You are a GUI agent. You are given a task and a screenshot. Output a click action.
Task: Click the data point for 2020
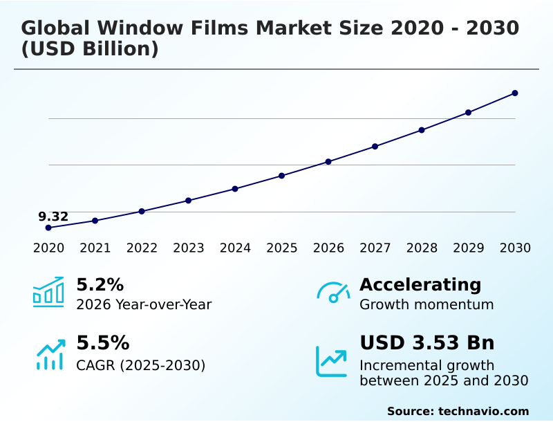[48, 228]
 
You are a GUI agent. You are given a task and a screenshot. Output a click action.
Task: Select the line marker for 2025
[282, 176]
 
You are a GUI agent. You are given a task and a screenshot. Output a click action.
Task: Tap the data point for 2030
[515, 93]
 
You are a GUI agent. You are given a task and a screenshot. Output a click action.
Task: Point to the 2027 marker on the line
[375, 147]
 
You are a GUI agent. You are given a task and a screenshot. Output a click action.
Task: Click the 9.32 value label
[53, 217]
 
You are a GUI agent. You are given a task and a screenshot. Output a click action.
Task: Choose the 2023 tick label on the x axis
[189, 248]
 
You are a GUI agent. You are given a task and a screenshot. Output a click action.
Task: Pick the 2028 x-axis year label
[422, 248]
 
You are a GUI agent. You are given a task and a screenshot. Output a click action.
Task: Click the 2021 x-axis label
[95, 248]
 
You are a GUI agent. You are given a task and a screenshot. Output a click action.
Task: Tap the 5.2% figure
[100, 284]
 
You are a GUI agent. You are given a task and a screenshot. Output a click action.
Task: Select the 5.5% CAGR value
[102, 343]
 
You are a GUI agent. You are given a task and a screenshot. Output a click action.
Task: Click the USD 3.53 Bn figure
[427, 343]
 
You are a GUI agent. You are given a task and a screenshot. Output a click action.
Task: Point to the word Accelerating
[420, 284]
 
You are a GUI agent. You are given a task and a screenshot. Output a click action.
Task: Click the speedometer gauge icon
[333, 293]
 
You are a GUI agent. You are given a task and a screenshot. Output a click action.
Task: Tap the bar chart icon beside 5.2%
[48, 293]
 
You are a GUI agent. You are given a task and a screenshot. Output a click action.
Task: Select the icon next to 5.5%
[50, 354]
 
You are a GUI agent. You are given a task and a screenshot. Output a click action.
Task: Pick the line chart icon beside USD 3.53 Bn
[332, 360]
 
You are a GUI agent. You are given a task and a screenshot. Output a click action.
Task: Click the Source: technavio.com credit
[458, 411]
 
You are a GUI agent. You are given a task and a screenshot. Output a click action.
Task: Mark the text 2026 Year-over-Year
[144, 304]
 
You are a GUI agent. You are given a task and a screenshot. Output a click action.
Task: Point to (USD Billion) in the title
[90, 50]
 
